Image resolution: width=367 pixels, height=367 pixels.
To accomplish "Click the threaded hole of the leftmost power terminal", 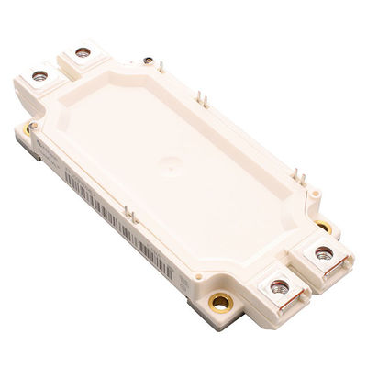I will [x=39, y=75].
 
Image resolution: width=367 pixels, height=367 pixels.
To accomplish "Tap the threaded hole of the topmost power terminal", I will [x=83, y=52].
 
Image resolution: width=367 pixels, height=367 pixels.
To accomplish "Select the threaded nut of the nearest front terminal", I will [x=279, y=287].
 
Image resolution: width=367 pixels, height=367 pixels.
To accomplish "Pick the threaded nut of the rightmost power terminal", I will [x=324, y=251].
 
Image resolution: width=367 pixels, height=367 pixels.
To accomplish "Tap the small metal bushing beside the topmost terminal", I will [x=148, y=61].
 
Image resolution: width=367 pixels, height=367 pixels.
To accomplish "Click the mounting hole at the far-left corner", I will [x=32, y=126].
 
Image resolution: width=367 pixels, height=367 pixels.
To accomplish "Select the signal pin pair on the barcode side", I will [x=129, y=217].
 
